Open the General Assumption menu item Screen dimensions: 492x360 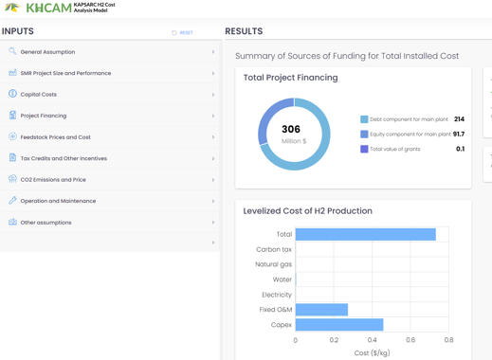(x=47, y=52)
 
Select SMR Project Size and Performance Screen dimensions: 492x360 (x=65, y=73)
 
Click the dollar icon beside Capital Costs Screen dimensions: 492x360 (x=12, y=94)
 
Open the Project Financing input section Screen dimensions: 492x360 (x=44, y=116)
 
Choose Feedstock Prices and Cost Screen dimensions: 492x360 (x=55, y=137)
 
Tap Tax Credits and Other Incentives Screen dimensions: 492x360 (x=64, y=158)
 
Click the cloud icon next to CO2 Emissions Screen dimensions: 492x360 (x=12, y=179)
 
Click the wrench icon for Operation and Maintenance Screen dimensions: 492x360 (x=12, y=200)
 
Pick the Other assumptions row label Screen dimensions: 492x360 (x=46, y=223)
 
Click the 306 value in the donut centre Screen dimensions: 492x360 (x=291, y=129)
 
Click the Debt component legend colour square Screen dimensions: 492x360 (x=364, y=119)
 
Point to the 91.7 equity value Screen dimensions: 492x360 (x=459, y=134)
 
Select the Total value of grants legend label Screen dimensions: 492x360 (x=395, y=149)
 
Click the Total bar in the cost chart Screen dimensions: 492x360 (x=366, y=234)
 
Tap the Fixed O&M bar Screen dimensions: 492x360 (x=321, y=310)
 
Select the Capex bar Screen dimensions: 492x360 (x=339, y=325)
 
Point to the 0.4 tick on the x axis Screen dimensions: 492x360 (x=372, y=340)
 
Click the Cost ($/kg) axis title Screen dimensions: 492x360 (x=372, y=352)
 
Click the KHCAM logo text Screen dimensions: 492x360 (x=49, y=8)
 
